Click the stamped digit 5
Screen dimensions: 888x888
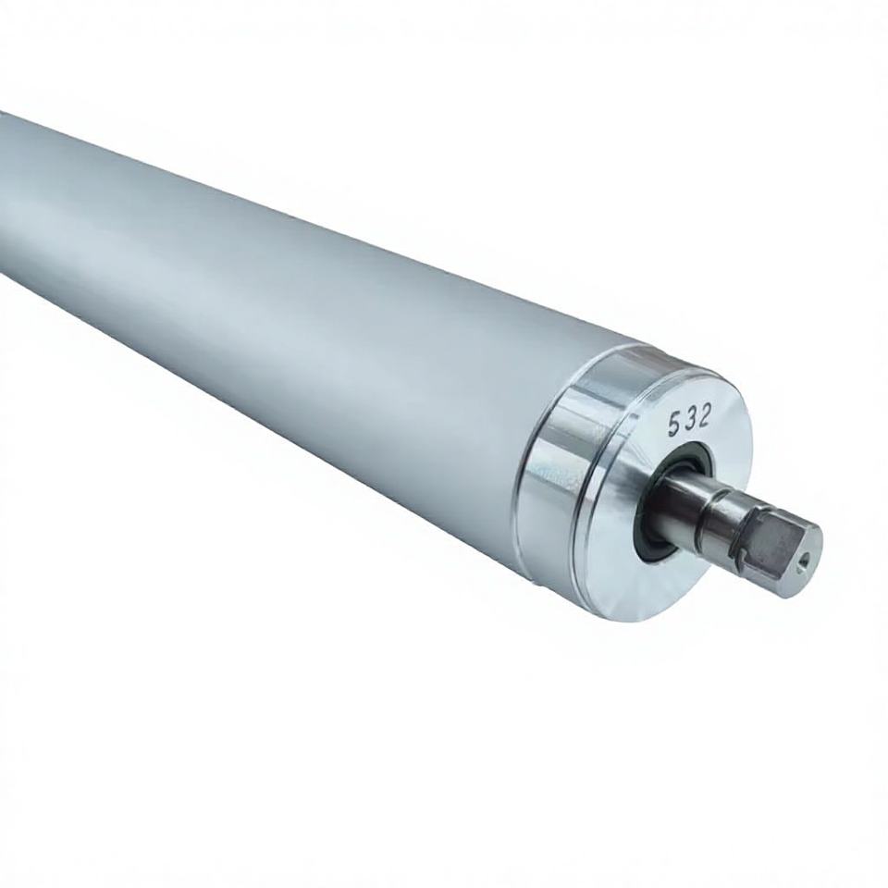[674, 425]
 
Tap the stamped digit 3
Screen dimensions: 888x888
[689, 421]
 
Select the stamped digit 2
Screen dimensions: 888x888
[703, 416]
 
